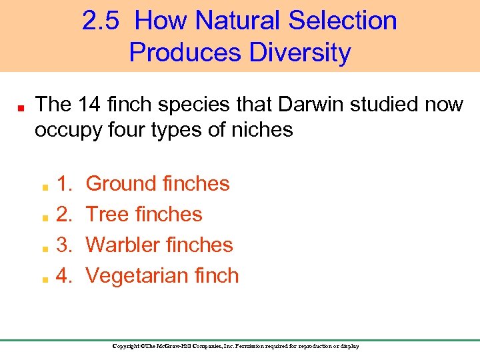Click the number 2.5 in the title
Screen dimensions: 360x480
(x=101, y=21)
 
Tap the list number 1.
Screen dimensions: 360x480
(x=65, y=183)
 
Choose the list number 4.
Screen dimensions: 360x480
(x=65, y=275)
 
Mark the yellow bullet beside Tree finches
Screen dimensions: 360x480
(x=43, y=216)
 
